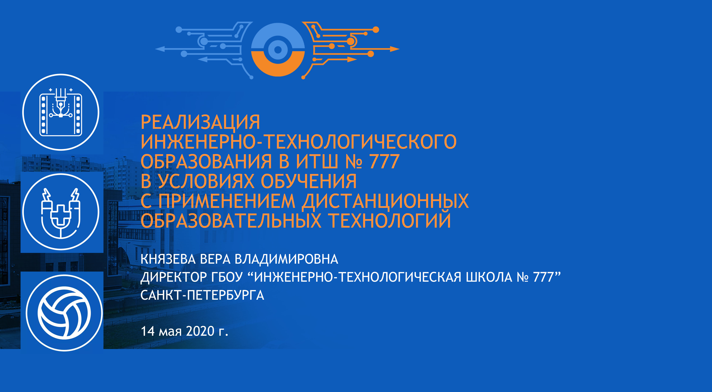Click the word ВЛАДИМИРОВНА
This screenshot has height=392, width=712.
[286, 259]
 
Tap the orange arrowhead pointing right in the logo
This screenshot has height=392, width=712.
[395, 49]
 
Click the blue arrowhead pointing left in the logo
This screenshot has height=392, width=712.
[160, 49]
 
